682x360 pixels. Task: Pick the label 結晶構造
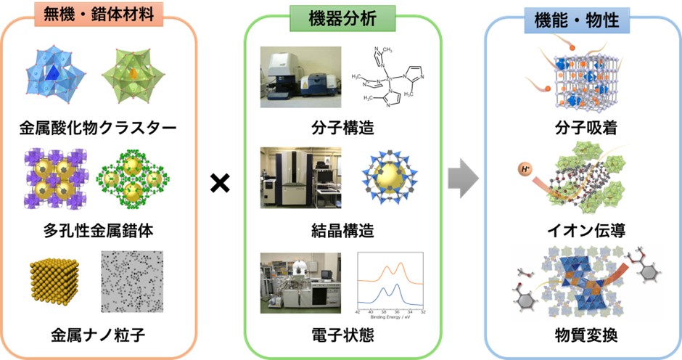pos(340,232)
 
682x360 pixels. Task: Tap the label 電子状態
pos(340,335)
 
